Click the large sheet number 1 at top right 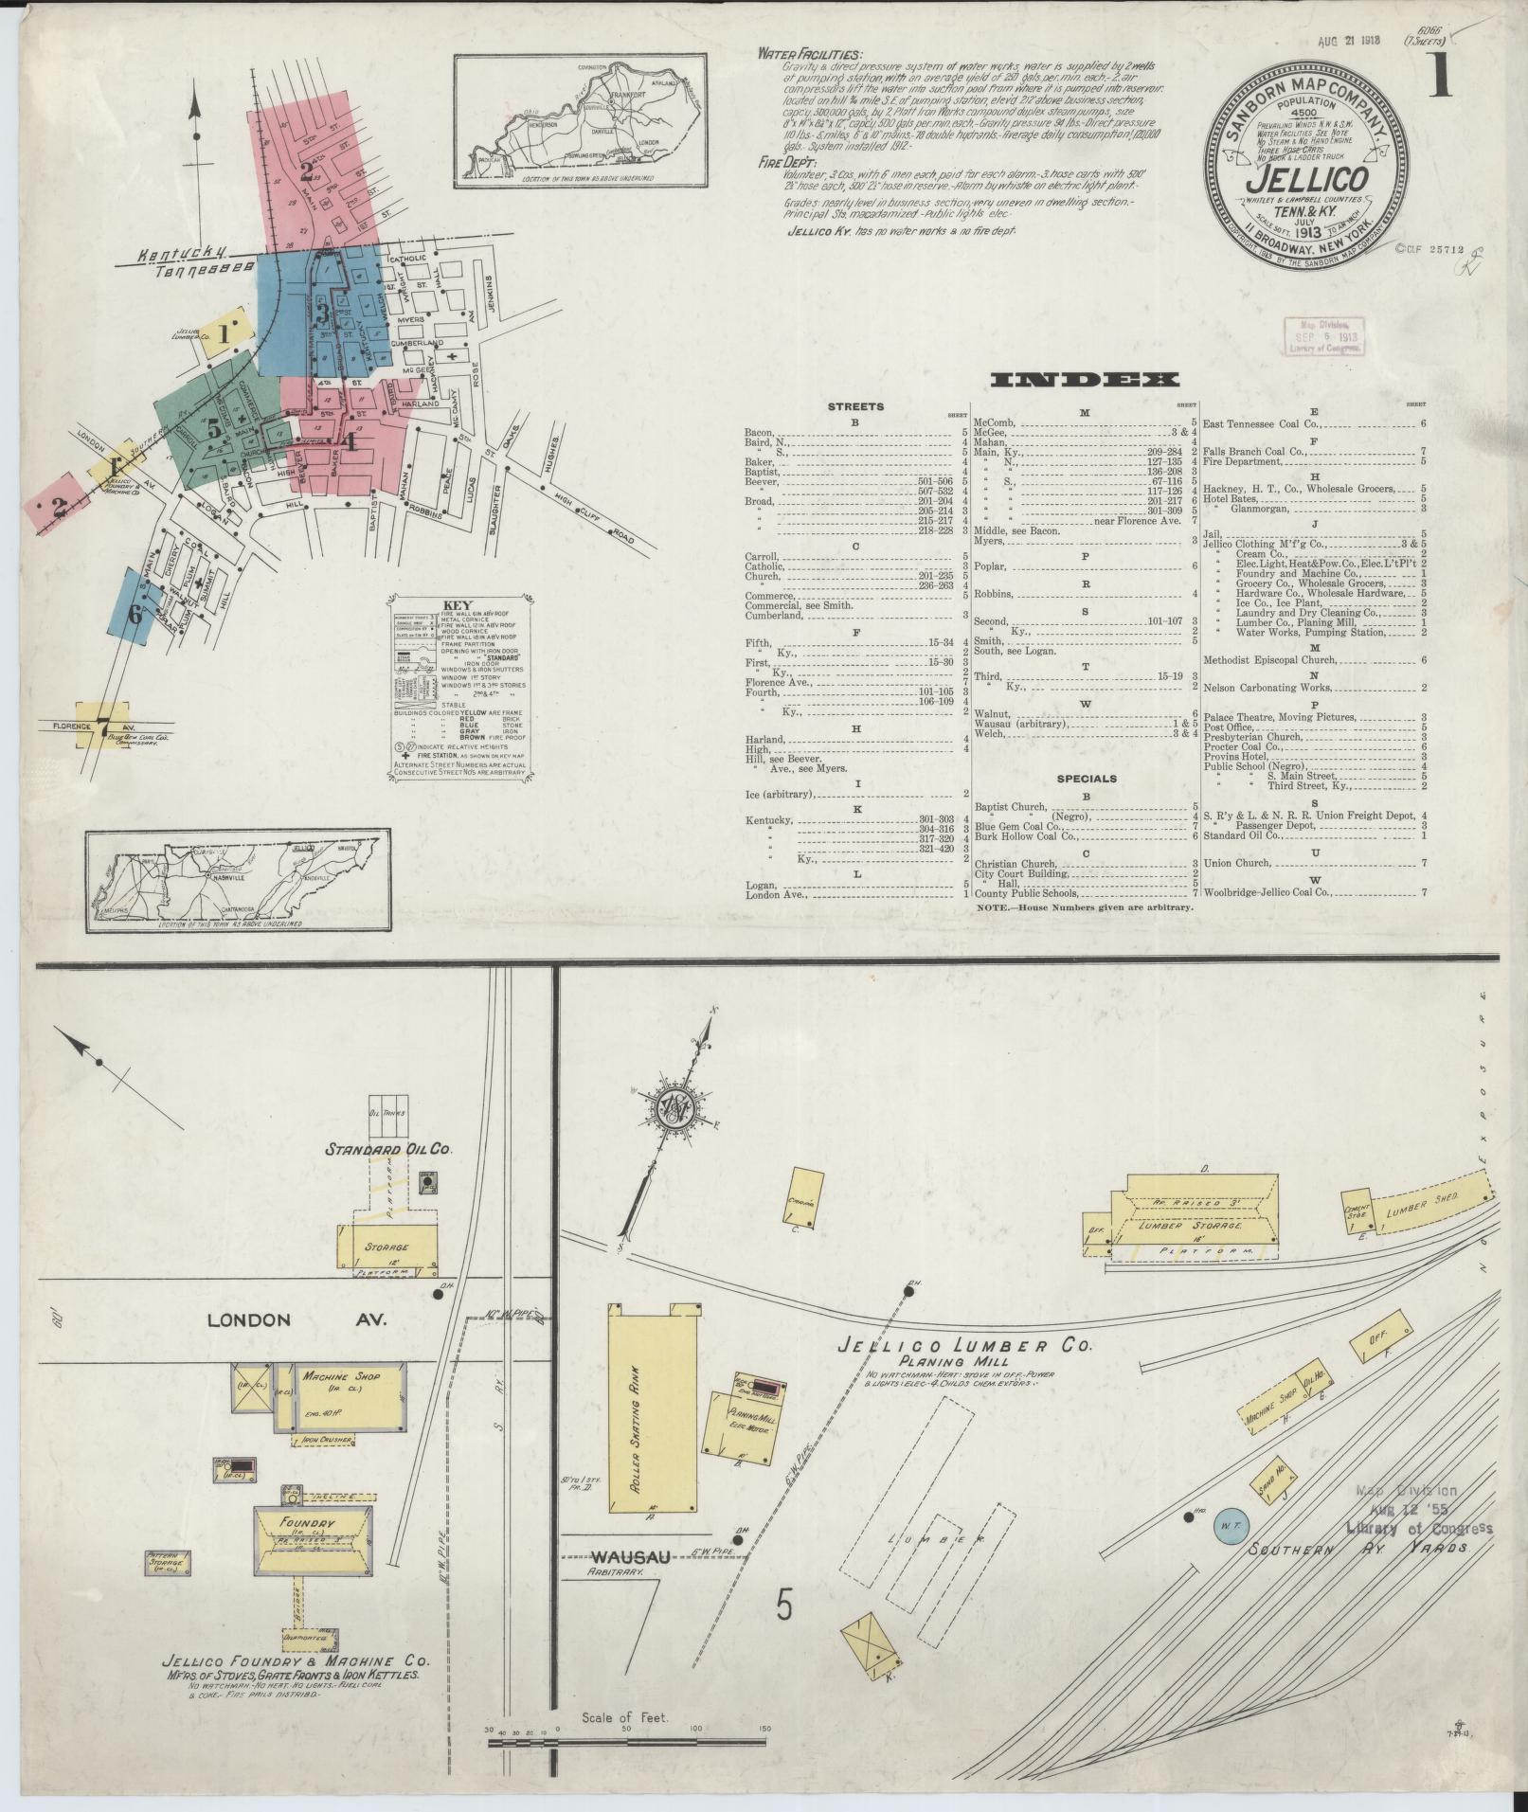[x=1441, y=72]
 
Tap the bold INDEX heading [x=1084, y=381]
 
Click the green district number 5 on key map [x=215, y=428]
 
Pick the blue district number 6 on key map [x=135, y=614]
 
